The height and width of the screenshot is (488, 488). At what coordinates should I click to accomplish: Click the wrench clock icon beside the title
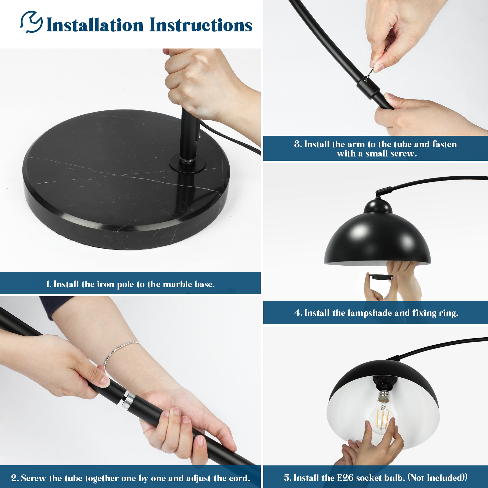tap(32, 22)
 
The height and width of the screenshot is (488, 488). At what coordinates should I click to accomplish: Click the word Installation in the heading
tap(95, 25)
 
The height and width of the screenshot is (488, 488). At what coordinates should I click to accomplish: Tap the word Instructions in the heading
tap(201, 25)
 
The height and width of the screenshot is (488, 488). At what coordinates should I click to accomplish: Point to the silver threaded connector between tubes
tap(129, 400)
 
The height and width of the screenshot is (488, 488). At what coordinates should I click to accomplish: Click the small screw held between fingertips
tap(369, 73)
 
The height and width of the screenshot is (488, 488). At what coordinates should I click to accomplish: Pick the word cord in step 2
tap(239, 478)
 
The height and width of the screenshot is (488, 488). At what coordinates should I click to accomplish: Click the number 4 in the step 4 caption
tap(298, 313)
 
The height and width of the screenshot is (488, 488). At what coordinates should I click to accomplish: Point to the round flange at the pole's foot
tap(187, 163)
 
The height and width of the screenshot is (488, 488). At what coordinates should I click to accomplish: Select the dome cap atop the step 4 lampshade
tap(378, 206)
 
